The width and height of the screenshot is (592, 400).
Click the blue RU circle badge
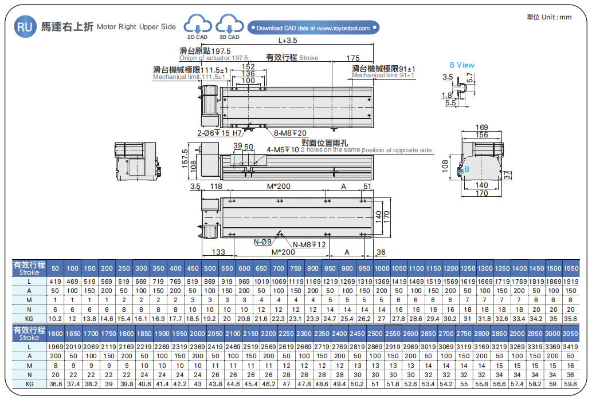click(25, 26)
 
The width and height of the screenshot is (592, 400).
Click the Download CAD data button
click(313, 27)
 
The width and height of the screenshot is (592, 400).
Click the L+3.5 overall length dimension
click(288, 40)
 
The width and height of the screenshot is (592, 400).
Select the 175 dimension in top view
click(353, 58)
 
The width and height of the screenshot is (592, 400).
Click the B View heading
click(462, 65)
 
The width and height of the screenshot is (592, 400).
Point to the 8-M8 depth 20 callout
click(290, 133)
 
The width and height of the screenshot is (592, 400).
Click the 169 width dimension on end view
click(482, 127)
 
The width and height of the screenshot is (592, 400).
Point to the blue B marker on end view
click(466, 169)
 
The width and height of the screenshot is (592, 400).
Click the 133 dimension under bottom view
click(218, 252)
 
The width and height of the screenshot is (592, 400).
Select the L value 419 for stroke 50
click(56, 282)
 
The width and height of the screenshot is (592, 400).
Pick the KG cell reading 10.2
click(56, 318)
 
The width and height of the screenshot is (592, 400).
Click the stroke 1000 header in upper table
click(382, 268)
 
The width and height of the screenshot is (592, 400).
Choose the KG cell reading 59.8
click(571, 384)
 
